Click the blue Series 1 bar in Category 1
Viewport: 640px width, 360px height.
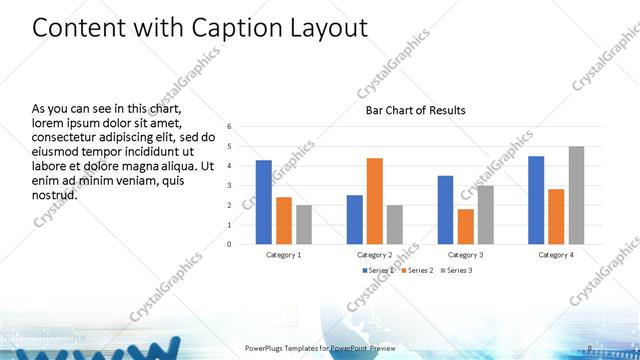(264, 202)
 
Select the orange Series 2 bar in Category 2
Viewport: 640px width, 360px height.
(374, 201)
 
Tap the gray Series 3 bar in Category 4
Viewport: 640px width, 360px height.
(576, 195)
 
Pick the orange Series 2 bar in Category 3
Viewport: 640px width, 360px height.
(465, 226)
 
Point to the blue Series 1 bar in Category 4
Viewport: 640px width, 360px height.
(536, 200)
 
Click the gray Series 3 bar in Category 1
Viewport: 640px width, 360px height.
(304, 224)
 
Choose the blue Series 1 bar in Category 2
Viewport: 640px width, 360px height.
(354, 219)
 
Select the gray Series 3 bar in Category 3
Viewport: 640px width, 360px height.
(485, 215)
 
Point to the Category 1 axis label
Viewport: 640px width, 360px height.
(284, 254)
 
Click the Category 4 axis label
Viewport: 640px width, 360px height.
(556, 254)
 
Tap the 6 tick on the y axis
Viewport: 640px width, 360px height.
(229, 127)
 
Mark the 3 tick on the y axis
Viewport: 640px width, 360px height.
(229, 185)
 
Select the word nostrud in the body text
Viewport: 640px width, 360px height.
(55, 194)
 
